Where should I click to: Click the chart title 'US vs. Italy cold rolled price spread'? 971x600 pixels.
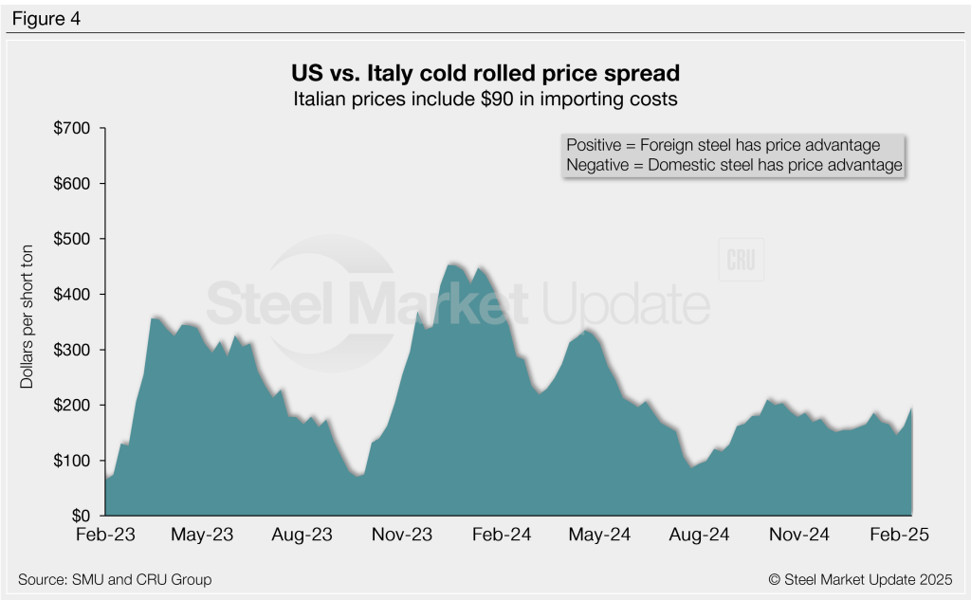click(485, 73)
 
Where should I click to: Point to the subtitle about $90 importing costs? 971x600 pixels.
click(485, 98)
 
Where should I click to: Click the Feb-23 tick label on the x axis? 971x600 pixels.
click(105, 536)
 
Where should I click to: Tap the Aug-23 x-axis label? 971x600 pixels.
click(302, 536)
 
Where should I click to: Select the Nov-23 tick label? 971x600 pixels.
click(401, 536)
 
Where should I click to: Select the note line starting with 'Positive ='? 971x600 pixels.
click(723, 145)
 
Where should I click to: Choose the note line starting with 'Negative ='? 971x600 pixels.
click(733, 165)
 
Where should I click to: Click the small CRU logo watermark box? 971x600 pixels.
click(742, 262)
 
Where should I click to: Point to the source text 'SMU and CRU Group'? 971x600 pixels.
click(115, 579)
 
